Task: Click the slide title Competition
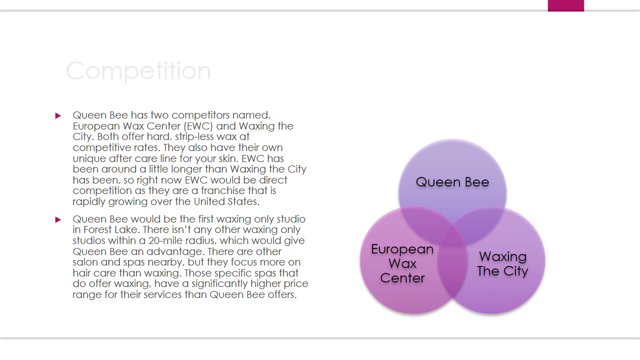(138, 71)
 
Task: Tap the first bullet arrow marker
(58, 115)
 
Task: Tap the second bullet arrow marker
(58, 219)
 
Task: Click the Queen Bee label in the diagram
(452, 182)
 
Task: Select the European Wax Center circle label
(402, 263)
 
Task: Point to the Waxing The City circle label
(502, 264)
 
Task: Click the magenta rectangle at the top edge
(565, 5)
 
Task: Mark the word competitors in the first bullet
(201, 115)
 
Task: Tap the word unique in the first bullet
(89, 158)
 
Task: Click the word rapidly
(89, 201)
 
